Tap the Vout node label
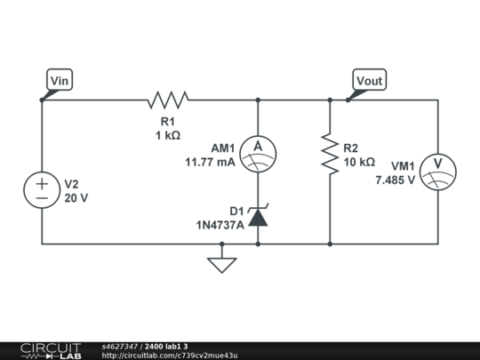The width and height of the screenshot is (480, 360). pos(369,81)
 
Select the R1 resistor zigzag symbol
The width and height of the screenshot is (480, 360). pos(169,100)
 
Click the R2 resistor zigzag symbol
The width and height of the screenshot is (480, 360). pos(330,155)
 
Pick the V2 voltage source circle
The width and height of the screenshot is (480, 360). pos(42,191)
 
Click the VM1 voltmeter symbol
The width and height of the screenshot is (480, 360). pos(438,166)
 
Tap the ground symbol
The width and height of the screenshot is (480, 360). pos(221,263)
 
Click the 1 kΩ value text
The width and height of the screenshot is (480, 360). pos(168,136)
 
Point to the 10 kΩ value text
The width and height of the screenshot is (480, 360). pos(357,163)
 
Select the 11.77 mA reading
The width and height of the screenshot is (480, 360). pos(210,163)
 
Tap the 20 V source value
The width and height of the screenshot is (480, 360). pos(76,198)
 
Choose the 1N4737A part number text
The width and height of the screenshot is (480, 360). pos(220,225)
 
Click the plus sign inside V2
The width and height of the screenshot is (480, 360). pos(42,182)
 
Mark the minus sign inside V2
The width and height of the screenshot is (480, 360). pos(42,200)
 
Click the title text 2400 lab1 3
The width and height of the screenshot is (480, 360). pos(166,346)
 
